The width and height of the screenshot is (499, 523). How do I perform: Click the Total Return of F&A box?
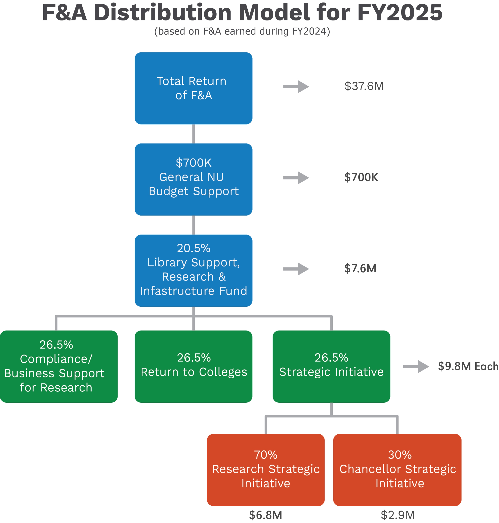click(193, 88)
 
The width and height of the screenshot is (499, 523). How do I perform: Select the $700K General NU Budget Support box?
click(193, 179)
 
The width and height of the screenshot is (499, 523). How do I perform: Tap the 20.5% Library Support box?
click(193, 270)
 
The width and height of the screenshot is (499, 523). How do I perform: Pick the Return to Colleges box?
click(193, 366)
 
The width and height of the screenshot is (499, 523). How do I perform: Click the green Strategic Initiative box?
click(331, 366)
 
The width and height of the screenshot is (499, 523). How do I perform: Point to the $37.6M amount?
click(364, 86)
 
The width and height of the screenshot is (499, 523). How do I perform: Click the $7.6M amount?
click(360, 268)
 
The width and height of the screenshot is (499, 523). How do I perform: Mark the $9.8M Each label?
click(468, 366)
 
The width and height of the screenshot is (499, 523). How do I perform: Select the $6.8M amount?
click(265, 515)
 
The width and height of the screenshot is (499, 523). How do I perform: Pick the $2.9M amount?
click(397, 515)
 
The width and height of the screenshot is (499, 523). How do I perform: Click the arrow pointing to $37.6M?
click(296, 86)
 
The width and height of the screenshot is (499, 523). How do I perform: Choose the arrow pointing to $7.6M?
click(296, 269)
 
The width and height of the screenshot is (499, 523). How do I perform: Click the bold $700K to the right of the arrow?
click(361, 177)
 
